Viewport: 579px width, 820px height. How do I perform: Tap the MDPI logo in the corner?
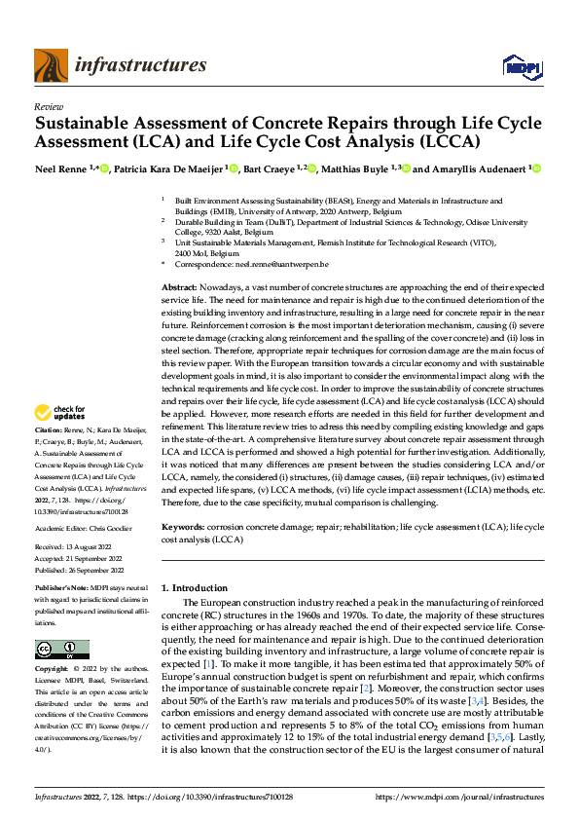pos(517,66)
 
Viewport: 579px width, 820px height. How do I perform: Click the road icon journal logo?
pos(50,66)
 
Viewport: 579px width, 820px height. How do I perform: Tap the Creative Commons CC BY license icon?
pos(62,650)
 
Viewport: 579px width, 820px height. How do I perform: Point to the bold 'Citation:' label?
pos(50,458)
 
